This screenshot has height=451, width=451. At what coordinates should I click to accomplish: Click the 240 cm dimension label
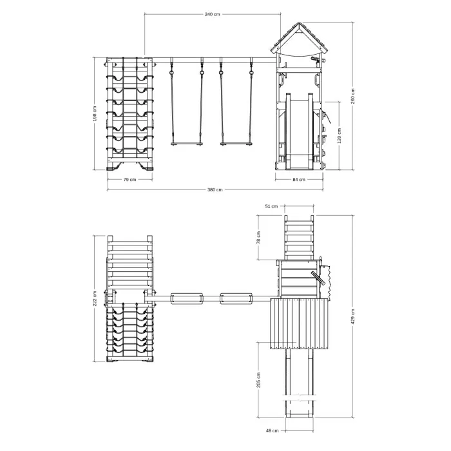tap(212, 14)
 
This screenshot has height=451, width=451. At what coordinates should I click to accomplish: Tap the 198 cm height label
tap(95, 113)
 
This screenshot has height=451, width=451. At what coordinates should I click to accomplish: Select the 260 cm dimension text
tap(353, 96)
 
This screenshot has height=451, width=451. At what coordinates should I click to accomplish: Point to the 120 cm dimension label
tap(339, 135)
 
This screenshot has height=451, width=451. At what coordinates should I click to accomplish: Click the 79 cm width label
tap(130, 180)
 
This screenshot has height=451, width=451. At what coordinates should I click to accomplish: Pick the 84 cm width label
tap(299, 180)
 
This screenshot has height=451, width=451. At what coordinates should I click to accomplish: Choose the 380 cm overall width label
tap(215, 189)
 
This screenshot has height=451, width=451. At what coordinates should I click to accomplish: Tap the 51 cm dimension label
tap(271, 206)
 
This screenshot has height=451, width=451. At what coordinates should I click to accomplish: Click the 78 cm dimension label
tap(258, 238)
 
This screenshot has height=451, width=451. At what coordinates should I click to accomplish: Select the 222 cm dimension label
tap(95, 298)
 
